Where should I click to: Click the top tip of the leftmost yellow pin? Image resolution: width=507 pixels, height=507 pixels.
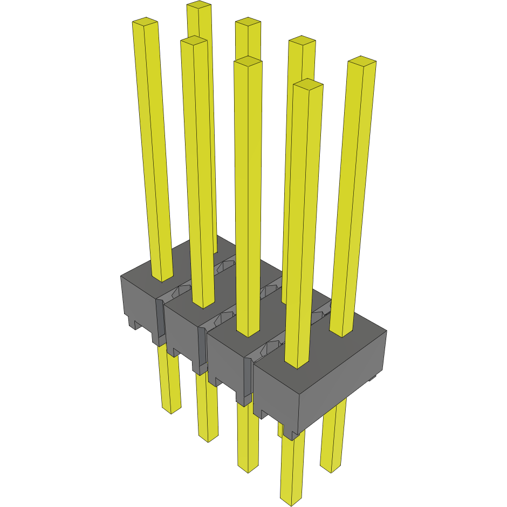(145, 22)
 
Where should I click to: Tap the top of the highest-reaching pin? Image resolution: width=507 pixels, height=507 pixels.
(198, 6)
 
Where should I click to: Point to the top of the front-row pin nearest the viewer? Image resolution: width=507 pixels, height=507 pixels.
(308, 84)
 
